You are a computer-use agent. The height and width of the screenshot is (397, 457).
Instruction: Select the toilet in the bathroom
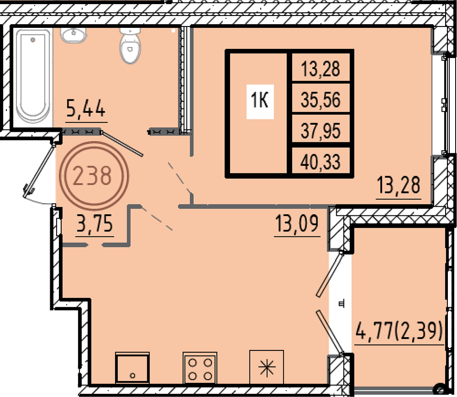coord(130,45)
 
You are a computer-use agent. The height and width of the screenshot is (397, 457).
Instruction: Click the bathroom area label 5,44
coord(86,108)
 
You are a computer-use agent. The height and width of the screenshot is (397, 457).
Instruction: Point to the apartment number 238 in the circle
coord(92,176)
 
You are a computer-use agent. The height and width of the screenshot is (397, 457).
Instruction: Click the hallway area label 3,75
coord(95,224)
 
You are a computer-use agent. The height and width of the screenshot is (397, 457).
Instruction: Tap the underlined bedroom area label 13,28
coord(399,185)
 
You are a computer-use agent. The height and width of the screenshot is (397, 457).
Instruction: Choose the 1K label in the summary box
coord(260,101)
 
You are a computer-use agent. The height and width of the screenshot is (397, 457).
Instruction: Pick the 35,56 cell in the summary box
coord(321,100)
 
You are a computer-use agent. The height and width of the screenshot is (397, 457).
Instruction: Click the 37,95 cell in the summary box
coord(321,130)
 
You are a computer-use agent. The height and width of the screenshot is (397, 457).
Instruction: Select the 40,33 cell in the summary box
coord(321,162)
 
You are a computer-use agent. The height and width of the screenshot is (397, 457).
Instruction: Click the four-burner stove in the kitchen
coord(200,368)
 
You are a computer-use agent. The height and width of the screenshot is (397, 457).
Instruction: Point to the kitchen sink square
coord(133,368)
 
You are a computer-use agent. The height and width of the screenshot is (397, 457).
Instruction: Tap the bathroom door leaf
coord(122,144)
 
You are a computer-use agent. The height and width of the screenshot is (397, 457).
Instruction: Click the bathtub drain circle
coord(32,39)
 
